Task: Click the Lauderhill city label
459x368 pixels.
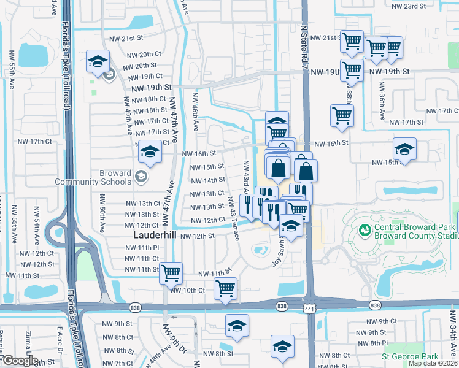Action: (x=156, y=236)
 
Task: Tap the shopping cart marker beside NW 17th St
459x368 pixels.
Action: (x=342, y=115)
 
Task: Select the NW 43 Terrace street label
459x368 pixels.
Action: (x=233, y=218)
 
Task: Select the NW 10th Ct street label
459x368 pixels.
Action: (x=188, y=290)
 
